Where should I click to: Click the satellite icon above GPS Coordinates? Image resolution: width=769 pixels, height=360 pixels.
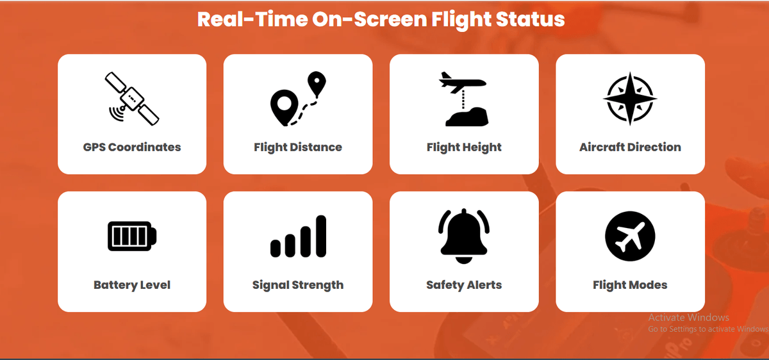132,99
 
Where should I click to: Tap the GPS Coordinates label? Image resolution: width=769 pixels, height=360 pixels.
132,147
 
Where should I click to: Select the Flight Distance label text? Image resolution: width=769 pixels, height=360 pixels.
298,147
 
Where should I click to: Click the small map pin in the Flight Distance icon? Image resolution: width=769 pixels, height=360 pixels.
317,84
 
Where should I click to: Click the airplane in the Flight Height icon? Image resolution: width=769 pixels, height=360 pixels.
463,83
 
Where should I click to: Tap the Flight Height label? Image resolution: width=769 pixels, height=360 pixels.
464,147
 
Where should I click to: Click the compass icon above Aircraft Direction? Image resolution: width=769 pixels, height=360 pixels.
630,99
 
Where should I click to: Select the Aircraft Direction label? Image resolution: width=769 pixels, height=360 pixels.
630,147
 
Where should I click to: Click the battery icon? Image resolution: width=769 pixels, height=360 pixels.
132,236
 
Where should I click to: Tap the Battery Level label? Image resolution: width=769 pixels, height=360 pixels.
132,285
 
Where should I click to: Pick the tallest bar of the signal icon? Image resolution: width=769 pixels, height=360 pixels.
321,236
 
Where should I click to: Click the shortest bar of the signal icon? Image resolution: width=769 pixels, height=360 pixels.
276,248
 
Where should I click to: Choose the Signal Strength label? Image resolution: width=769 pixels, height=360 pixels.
298,285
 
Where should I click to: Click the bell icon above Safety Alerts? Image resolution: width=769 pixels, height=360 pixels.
464,236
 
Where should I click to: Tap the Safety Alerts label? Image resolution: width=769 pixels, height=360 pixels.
464,285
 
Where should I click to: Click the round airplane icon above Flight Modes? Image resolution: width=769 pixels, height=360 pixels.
630,236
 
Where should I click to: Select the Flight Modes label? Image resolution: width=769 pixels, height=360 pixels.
630,285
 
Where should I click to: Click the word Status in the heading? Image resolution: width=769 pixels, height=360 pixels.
531,19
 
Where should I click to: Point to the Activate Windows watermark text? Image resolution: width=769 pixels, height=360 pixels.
688,317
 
